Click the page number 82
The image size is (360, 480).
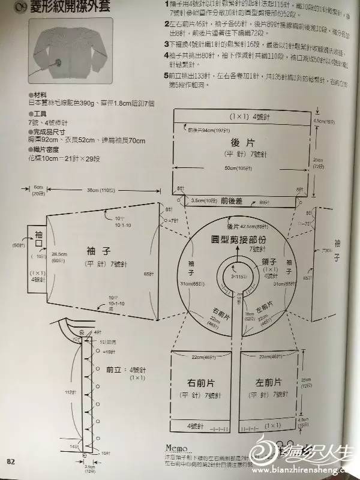click(x=10, y=461)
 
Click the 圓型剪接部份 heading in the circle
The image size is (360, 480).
click(x=239, y=238)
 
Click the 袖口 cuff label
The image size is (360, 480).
click(x=40, y=239)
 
